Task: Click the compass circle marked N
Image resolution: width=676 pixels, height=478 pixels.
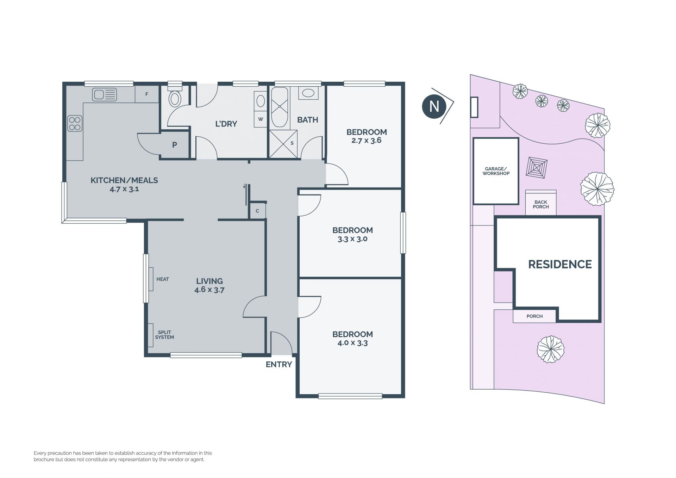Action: [x=434, y=106]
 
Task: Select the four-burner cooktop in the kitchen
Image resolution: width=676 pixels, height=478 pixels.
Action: [x=75, y=124]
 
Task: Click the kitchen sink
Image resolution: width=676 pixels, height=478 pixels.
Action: [x=105, y=94]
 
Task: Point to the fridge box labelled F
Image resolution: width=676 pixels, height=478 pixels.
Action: [x=147, y=94]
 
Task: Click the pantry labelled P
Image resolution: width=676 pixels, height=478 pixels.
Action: [x=175, y=144]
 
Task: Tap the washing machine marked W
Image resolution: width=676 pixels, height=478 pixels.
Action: [x=261, y=119]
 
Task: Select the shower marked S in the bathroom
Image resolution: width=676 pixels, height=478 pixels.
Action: [x=283, y=144]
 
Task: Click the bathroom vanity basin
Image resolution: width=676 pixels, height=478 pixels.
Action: [x=308, y=93]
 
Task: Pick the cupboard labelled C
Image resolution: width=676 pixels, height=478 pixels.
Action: [x=257, y=211]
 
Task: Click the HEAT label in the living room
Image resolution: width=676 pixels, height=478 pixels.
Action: [x=163, y=279]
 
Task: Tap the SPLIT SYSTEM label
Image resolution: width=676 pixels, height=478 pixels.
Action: [x=164, y=335]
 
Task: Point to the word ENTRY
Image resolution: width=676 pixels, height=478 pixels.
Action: [x=279, y=365]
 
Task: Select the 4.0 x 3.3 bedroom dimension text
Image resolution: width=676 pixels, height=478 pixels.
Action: [x=352, y=343]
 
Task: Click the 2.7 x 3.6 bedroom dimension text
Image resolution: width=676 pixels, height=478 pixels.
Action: [x=367, y=140]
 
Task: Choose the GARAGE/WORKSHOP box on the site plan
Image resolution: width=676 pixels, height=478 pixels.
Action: [x=496, y=171]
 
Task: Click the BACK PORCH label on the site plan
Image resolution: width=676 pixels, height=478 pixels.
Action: [x=541, y=205]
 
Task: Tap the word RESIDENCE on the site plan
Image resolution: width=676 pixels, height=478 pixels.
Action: [x=560, y=264]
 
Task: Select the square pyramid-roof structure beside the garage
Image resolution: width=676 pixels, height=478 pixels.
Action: [x=537, y=168]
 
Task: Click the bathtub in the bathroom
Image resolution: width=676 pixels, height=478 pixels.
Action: [x=280, y=107]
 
